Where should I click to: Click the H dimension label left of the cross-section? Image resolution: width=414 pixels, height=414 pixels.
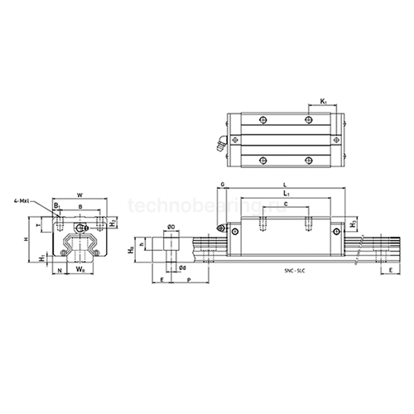coord(26,238)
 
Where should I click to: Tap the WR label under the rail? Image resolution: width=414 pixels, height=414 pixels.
coord(79,269)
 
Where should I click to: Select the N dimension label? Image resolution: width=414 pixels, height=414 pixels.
coord(58,269)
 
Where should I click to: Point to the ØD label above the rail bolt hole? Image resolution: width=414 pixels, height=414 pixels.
coord(170,227)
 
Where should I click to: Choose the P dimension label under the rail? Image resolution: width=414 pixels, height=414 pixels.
coord(190,281)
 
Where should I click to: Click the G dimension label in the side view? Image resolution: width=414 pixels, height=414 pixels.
coord(223,184)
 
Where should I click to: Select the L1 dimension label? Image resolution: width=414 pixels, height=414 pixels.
coord(286,193)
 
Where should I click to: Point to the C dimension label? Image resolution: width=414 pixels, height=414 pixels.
coord(286,204)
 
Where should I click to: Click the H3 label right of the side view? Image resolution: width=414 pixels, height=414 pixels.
coord(354,224)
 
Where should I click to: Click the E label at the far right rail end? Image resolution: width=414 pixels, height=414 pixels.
coord(390,269)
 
